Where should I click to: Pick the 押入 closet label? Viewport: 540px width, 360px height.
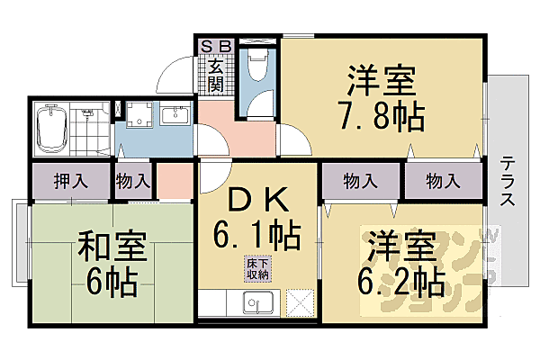point(69,181)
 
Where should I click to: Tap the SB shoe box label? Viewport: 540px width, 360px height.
point(215,44)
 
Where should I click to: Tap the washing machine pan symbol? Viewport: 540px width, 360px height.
point(140,116)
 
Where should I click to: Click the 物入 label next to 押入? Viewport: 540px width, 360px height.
point(133,181)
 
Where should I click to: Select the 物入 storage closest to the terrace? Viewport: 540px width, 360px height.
point(442,181)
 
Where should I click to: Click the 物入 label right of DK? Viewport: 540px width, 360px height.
point(361,181)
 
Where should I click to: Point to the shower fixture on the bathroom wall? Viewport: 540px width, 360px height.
point(88,114)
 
